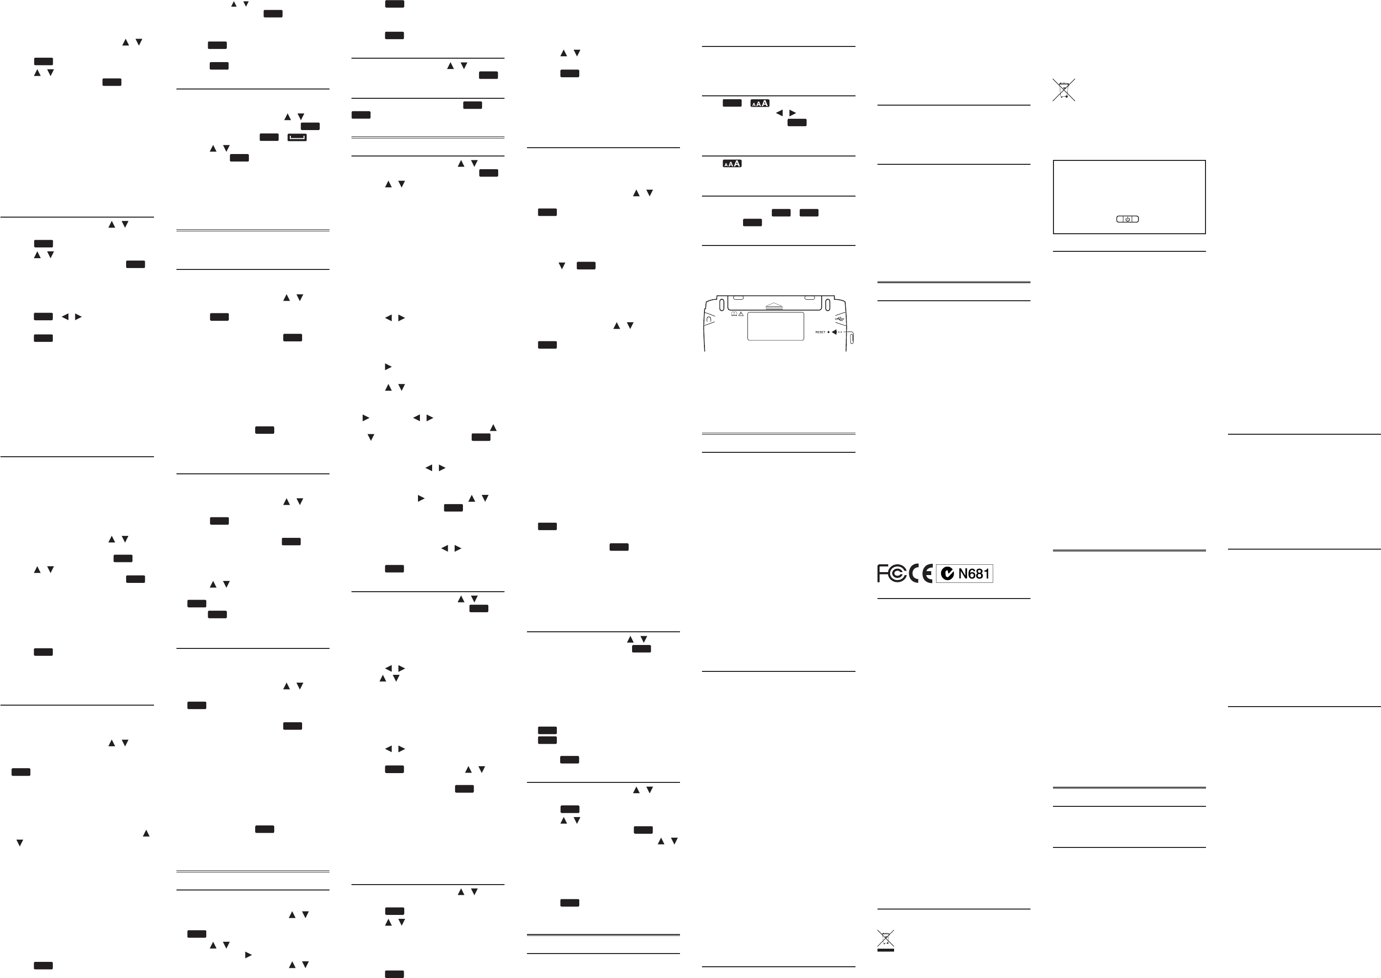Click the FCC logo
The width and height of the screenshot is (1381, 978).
pyautogui.click(x=891, y=573)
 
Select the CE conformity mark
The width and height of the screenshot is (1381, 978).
pyautogui.click(x=921, y=573)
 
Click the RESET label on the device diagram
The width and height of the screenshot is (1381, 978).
pyautogui.click(x=820, y=332)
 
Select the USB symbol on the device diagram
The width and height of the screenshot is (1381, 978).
pyautogui.click(x=841, y=318)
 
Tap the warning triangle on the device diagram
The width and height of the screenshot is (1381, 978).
pyautogui.click(x=741, y=314)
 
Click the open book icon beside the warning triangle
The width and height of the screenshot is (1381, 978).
pyautogui.click(x=734, y=314)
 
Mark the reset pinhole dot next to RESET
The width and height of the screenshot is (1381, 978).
pyautogui.click(x=829, y=332)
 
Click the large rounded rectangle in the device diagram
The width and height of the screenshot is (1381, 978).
pyautogui.click(x=775, y=326)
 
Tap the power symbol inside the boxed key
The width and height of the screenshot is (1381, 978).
pyautogui.click(x=1128, y=219)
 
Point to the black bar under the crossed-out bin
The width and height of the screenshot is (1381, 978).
pyautogui.click(x=885, y=950)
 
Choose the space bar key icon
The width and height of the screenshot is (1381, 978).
pyautogui.click(x=297, y=137)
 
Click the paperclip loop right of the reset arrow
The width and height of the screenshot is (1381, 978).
pyautogui.click(x=851, y=338)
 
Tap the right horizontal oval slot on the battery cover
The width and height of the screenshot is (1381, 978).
pyautogui.click(x=810, y=297)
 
